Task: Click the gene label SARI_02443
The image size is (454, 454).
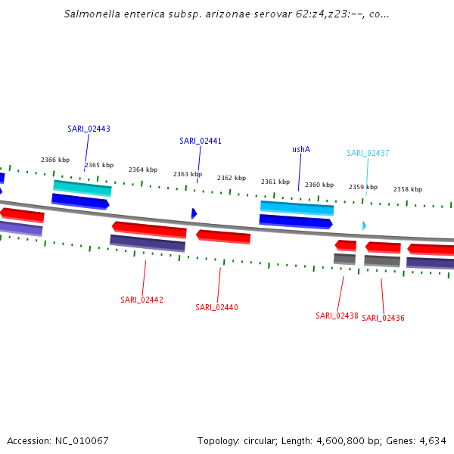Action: [x=89, y=129]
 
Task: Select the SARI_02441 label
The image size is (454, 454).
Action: [x=201, y=141]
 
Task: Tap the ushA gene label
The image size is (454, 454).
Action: [x=301, y=149]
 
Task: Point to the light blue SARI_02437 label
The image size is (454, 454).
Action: [x=368, y=153]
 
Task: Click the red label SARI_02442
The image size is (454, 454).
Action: [x=141, y=300]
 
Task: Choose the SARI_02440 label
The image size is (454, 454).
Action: [x=216, y=307]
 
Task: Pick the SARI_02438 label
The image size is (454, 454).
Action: [x=337, y=316]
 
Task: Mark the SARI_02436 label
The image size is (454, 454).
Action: [x=383, y=318]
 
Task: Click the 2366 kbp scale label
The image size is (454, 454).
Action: [x=55, y=160]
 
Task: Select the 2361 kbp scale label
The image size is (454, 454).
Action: [x=275, y=182]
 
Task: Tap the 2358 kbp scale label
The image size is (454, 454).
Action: [x=408, y=189]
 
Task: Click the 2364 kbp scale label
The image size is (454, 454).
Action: [x=143, y=169]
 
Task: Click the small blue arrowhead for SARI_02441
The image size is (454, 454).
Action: [x=194, y=213]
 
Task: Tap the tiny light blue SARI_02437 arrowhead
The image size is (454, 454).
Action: [x=364, y=225]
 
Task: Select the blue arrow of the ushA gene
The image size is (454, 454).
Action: [x=296, y=222]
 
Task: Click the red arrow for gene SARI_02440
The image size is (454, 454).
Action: [x=223, y=237]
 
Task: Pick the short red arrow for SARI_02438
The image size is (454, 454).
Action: [x=346, y=245]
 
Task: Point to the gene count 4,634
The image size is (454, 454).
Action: [x=431, y=440]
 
